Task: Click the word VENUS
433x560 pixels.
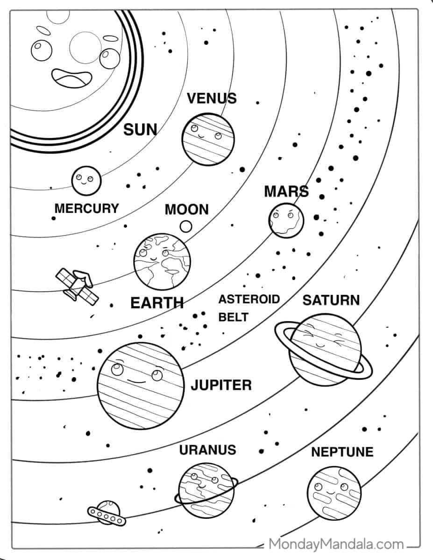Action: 212,98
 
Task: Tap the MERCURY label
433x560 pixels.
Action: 87,208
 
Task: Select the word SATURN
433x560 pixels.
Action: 331,300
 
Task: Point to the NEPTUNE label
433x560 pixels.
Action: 342,452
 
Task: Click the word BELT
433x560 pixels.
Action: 234,317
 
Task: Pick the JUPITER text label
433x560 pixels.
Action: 221,385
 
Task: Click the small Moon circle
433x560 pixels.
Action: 186,226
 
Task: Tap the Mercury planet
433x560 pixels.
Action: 86,181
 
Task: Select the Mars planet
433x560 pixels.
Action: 286,220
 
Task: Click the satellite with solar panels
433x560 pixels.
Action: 77,287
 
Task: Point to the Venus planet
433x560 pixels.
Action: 208,139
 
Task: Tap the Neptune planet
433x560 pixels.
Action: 334,493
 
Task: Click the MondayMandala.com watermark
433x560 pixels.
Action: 336,544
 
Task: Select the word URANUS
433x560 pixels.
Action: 207,450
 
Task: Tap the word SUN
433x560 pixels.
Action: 140,129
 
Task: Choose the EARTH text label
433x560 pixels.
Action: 157,303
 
